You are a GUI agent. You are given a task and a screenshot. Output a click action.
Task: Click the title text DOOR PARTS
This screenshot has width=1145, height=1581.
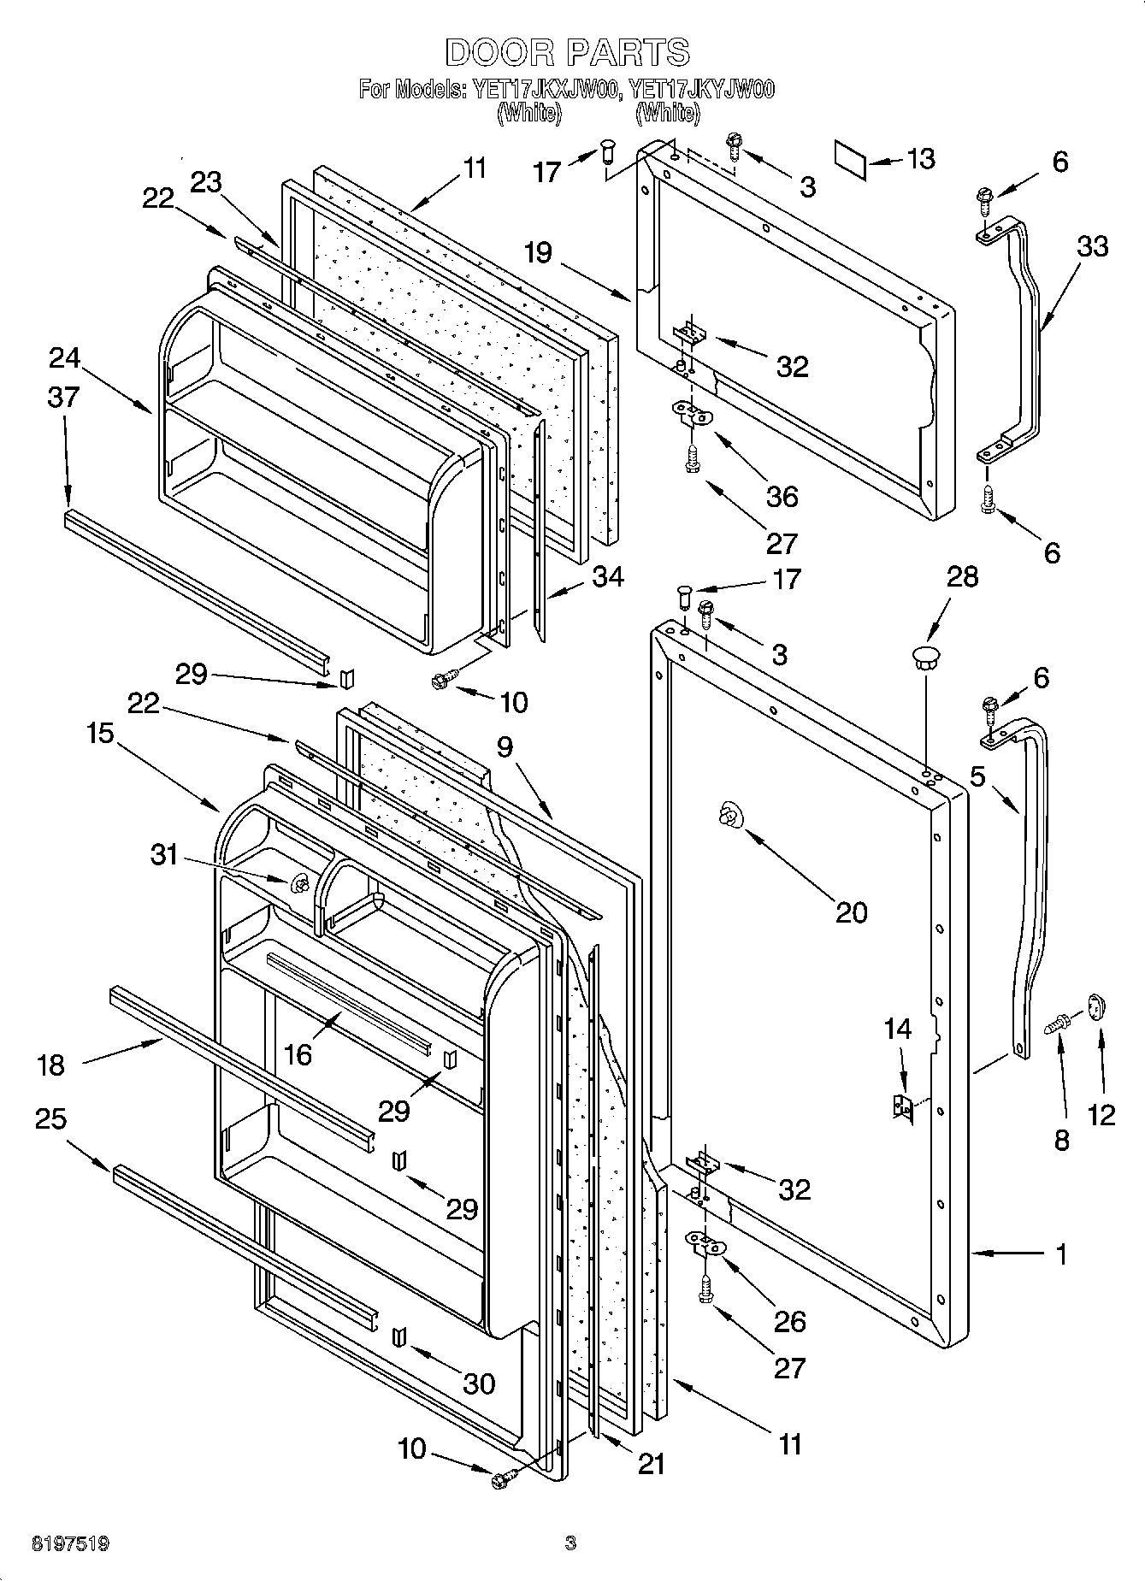[x=567, y=52]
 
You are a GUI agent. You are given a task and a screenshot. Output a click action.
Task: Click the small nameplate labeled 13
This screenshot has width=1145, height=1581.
[x=850, y=161]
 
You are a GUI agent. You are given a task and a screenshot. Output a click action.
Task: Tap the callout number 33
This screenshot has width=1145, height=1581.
[x=1092, y=246]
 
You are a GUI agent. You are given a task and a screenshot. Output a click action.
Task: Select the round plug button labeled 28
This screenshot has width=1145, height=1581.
[x=924, y=658]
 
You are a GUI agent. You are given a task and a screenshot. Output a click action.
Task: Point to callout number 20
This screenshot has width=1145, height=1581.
[x=851, y=912]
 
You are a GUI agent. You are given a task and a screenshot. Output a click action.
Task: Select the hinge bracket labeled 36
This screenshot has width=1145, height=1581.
[x=691, y=415]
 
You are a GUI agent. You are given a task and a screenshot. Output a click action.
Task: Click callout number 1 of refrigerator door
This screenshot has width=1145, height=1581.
[x=1060, y=1254]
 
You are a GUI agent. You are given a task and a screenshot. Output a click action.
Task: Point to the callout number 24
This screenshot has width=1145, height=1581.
[x=64, y=358]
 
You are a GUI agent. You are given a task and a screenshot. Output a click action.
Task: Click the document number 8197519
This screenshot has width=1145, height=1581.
[x=70, y=1543]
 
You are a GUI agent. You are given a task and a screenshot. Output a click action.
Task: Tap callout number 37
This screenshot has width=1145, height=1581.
[x=64, y=397]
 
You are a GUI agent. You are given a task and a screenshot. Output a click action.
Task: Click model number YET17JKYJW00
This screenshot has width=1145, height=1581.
[x=701, y=89]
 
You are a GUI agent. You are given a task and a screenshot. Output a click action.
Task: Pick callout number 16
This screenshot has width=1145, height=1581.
[x=297, y=1054]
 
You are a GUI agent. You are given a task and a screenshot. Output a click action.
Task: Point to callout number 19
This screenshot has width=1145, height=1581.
[x=539, y=253]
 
